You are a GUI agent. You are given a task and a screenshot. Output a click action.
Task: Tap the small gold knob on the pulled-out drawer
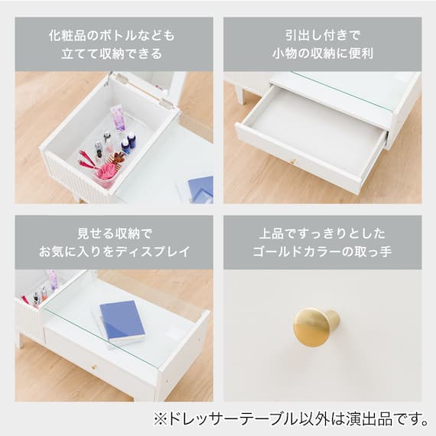pyautogui.click(x=293, y=161)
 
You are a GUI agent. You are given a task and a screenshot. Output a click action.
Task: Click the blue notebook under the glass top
pyautogui.click(x=122, y=320)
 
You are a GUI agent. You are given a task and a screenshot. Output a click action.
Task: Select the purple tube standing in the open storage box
pyautogui.click(x=118, y=119)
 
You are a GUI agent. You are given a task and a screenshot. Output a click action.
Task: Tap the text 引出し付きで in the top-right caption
pyautogui.click(x=323, y=36)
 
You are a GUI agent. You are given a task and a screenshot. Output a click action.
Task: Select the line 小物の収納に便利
pyautogui.click(x=323, y=54)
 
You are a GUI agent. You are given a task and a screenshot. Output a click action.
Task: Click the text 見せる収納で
pyautogui.click(x=115, y=233)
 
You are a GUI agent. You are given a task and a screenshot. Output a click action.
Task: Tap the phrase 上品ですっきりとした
pyautogui.click(x=323, y=233)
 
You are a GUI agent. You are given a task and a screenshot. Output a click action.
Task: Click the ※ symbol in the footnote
pyautogui.click(x=161, y=419)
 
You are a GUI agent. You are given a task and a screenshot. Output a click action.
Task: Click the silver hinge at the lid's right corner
pyautogui.click(x=166, y=102)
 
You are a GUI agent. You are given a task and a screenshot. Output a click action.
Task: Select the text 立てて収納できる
pyautogui.click(x=112, y=54)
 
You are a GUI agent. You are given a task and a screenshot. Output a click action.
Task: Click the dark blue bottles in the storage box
pyautogui.click(x=129, y=143)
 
